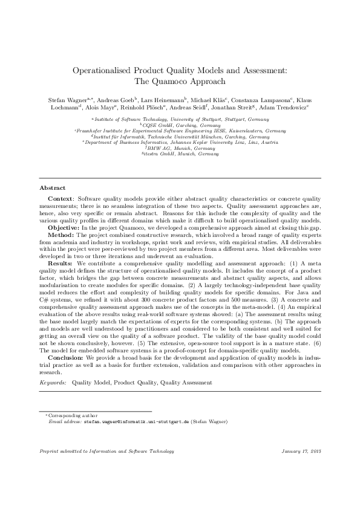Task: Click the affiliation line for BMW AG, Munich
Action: tap(180, 148)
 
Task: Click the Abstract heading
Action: tap(52, 188)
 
